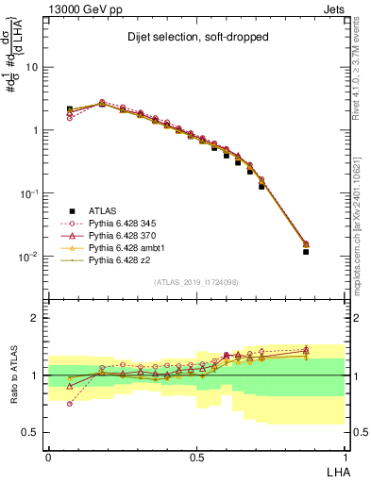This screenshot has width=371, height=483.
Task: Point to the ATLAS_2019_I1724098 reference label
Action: pos(195,282)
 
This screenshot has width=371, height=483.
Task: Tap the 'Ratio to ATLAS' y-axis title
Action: pos(14,375)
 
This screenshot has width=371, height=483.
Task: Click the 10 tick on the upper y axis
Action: pos(32,68)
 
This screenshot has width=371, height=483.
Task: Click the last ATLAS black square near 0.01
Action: pos(306,252)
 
